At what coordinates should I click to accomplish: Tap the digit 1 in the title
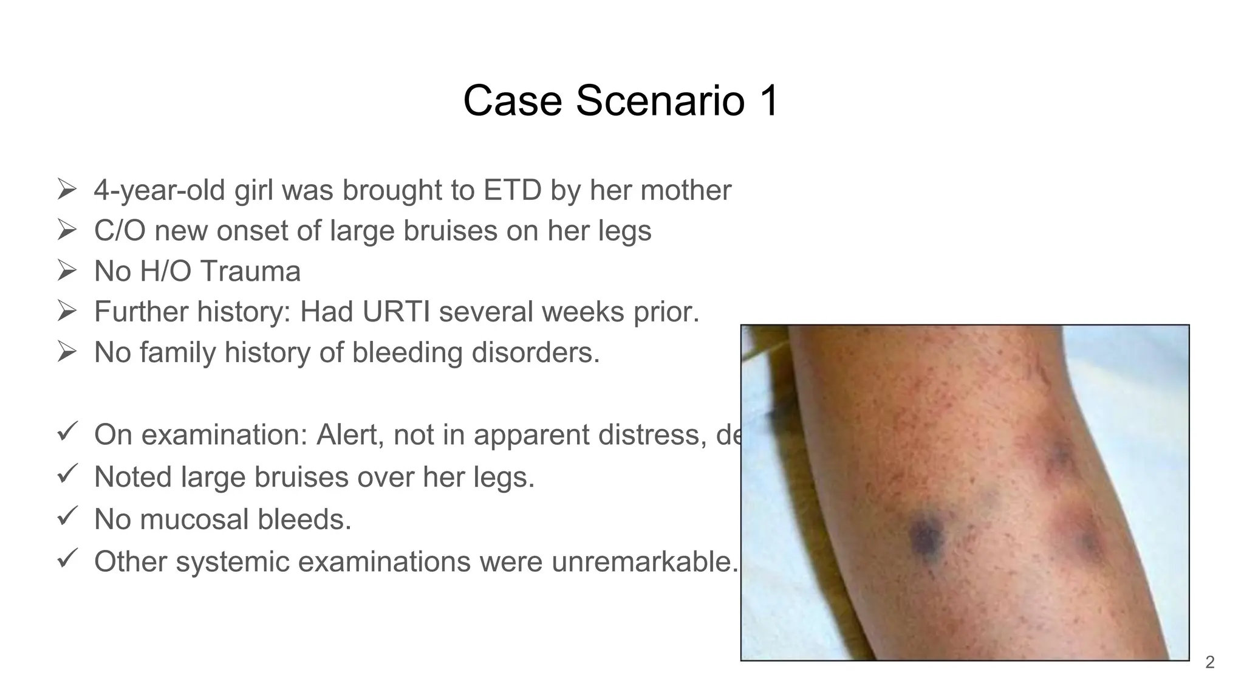(768, 100)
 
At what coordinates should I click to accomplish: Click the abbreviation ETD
(512, 190)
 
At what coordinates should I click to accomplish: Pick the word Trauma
(250, 271)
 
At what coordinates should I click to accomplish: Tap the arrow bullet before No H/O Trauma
(66, 270)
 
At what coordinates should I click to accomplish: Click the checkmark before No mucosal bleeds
(66, 517)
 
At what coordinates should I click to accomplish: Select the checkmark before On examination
(66, 433)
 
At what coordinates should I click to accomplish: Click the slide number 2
(1209, 662)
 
